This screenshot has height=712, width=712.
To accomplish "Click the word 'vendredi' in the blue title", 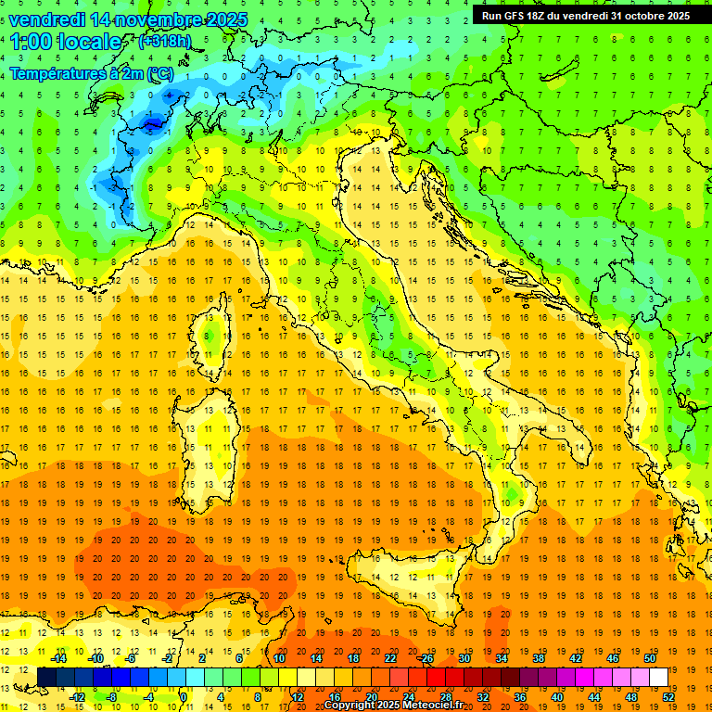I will (48, 19).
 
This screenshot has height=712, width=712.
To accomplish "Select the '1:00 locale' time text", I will (67, 42).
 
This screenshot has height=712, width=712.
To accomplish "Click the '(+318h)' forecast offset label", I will (167, 42).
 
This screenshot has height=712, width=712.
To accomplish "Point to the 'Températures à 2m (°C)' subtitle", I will (92, 73).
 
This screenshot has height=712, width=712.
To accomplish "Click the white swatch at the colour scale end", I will (658, 677).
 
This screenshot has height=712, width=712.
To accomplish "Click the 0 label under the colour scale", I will (183, 696).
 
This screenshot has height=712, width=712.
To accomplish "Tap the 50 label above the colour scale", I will (650, 658).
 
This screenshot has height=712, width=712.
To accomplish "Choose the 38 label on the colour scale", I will (538, 658).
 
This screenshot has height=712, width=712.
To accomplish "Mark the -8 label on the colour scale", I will (112, 696).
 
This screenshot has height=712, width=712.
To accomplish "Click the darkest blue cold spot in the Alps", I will (152, 123).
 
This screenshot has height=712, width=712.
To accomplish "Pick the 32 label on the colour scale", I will (482, 696).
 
